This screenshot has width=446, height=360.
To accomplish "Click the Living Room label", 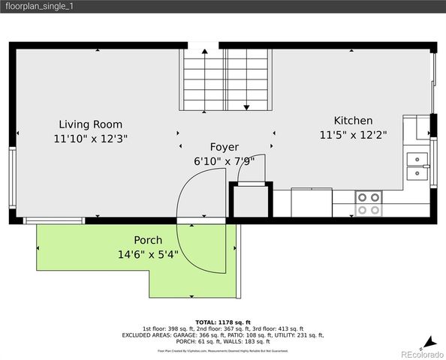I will coord(91,124).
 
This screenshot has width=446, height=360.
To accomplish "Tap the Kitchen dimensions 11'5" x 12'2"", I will coord(353,136).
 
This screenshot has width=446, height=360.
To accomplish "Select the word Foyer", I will coord(224,147).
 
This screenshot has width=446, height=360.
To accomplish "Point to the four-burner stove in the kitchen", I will coord(369,203).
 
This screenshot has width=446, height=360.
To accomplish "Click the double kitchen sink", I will coord(416,166).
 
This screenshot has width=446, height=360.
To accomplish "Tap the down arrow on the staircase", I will coord(246,107).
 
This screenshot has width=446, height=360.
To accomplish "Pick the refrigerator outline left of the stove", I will coord(312,202).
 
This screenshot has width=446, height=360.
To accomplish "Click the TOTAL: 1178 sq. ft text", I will coord(223,321).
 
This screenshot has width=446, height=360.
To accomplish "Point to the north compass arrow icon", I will coord(428,340).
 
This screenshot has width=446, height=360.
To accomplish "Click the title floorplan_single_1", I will coord(39,6).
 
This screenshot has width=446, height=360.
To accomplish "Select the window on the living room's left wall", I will coord(12,170).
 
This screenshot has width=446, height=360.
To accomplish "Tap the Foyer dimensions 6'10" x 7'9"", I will coord(224,160).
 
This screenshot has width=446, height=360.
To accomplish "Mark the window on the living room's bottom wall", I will coord(54,220).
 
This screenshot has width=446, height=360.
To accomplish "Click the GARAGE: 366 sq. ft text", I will coord(170,336).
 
